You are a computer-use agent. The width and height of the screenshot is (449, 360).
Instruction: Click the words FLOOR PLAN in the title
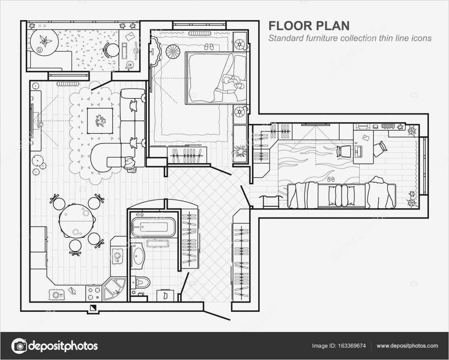pos(309,26)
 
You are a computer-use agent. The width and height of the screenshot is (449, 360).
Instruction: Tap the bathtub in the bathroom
pos(153,227)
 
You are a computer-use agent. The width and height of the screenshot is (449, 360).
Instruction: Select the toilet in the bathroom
pos(141,282)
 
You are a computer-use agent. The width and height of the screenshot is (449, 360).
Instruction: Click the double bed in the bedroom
pos(216,78)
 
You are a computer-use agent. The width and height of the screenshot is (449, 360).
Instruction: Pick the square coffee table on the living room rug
pos(100,121)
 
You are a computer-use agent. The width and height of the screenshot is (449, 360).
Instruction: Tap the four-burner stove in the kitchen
pos(94,293)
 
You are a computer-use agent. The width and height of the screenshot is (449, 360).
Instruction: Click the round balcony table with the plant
pos(44,43)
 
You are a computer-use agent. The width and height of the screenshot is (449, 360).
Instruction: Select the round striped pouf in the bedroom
pos(173,51)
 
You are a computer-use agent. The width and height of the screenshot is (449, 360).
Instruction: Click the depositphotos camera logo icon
pos(19,346)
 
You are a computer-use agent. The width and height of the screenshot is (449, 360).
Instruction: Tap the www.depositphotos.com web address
pos(407,346)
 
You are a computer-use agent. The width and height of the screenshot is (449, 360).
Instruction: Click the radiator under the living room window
pos(68,84)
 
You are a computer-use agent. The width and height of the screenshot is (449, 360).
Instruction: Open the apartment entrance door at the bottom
pos(217,315)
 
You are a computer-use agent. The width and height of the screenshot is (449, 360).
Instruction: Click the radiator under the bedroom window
pos(200,33)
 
